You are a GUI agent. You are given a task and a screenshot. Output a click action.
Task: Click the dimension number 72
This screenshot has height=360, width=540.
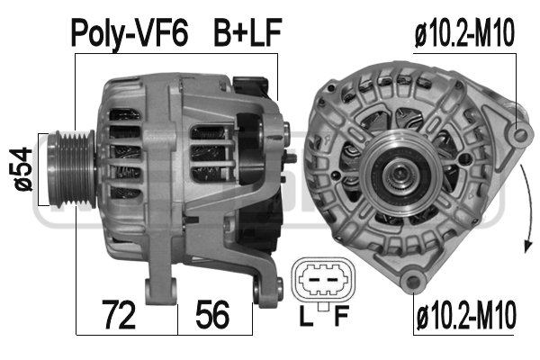[120, 315]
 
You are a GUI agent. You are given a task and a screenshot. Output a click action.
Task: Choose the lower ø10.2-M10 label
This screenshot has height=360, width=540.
[465, 317]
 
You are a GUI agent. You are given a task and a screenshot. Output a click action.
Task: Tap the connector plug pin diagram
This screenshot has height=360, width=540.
[319, 283]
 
